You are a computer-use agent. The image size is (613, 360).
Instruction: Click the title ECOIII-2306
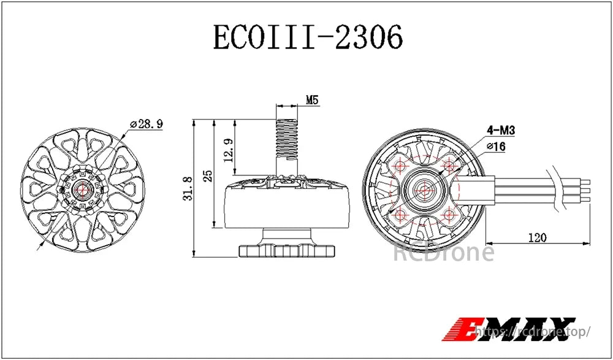[308, 37]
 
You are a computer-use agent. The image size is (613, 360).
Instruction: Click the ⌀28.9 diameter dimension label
[146, 124]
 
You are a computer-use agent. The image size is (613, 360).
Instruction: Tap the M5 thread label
[312, 100]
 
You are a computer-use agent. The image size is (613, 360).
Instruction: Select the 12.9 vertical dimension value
[227, 150]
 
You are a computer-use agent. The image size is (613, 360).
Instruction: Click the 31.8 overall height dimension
[188, 188]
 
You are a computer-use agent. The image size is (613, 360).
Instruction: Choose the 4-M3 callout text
[500, 130]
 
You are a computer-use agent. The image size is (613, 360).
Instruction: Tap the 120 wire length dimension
[536, 237]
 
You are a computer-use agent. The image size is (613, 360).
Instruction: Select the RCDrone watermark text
[443, 252]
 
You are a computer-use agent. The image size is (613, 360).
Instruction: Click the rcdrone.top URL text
[533, 332]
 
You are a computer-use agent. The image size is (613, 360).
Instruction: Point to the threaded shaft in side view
[286, 138]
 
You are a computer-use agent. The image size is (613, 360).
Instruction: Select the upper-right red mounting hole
[450, 164]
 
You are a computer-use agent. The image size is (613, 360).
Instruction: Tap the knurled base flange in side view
[287, 251]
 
